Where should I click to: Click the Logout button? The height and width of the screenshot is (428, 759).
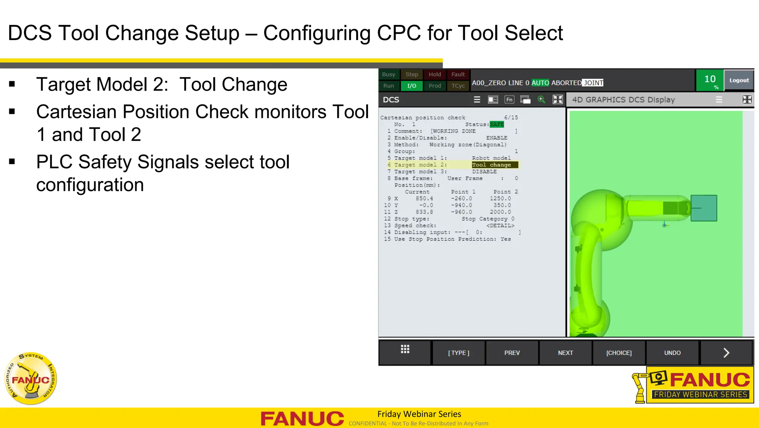739,80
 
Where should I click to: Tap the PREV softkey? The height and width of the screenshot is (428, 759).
512,353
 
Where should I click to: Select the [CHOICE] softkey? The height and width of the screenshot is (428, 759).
619,353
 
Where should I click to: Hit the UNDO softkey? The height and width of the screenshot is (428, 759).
672,353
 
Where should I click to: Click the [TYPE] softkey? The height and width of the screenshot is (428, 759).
458,353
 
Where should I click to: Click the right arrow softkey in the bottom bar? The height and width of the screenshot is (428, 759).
726,353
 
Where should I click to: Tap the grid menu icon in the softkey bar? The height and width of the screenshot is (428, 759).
405,349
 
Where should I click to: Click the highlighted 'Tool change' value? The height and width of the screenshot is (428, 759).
491,165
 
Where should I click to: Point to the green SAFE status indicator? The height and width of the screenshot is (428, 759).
497,124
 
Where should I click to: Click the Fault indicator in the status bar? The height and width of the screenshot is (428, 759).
458,74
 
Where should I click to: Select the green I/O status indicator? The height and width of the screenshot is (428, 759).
412,86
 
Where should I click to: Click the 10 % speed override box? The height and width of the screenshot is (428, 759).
710,81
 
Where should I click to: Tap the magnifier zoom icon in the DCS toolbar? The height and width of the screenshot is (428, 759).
541,99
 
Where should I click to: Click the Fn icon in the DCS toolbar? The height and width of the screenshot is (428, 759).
509,99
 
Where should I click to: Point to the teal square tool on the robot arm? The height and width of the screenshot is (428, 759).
704,208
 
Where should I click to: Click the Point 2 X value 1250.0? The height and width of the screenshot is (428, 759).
500,199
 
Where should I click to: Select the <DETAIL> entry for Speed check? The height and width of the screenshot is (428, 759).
500,226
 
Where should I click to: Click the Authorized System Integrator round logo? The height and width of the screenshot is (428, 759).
31,378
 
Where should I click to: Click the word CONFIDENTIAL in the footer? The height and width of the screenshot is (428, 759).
368,424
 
